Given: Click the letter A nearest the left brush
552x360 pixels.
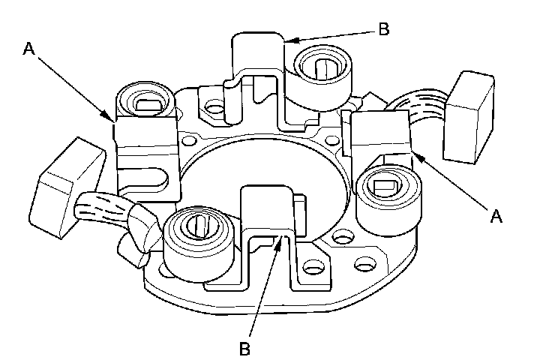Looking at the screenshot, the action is coord(29,49).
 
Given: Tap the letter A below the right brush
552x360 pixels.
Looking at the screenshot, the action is coord(494,216).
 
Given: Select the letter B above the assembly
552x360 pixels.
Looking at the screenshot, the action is coord(383,30).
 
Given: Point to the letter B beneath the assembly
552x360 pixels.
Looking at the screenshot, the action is coord(244,348).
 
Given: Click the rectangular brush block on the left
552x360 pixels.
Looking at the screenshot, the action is coord(68,179).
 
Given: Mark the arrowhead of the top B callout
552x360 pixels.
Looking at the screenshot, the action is coord(286,40).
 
